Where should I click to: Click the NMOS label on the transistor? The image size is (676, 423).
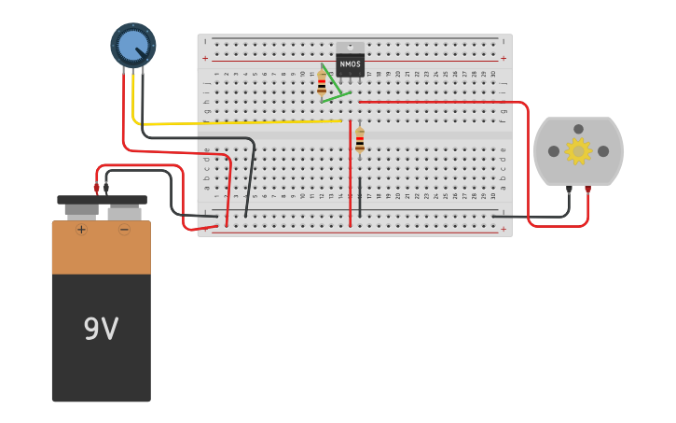351,64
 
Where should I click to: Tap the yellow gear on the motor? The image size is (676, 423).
578,150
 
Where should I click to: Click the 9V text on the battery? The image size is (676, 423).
101,329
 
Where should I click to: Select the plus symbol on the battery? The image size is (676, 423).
81,229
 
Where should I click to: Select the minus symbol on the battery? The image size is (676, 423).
124,229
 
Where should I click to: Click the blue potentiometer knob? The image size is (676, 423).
133,44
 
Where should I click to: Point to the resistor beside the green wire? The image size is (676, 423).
322,84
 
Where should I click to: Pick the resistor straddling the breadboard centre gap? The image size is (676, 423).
360,140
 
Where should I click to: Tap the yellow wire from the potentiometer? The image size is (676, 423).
233,122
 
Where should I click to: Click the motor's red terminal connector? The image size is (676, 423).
587,190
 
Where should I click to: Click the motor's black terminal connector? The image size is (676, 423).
569,190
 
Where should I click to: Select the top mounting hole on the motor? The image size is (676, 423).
578,129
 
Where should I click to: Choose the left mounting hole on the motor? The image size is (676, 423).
554,151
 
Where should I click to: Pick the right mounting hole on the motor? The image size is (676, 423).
603,151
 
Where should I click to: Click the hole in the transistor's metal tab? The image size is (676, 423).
351,46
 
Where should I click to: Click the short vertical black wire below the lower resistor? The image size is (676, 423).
360,196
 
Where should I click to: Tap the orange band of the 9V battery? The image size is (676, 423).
101,248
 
